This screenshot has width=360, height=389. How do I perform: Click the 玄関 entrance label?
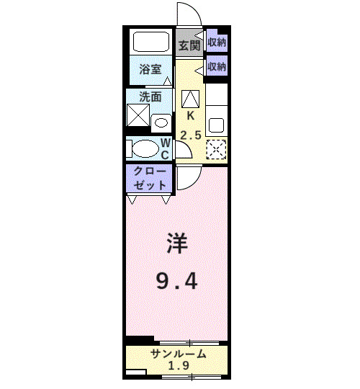(189, 45)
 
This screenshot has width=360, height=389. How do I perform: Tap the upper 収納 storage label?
(217, 42)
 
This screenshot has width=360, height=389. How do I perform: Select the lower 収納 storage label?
(217, 66)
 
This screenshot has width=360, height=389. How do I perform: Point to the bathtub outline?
(151, 41)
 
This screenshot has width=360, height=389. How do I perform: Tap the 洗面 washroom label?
(150, 97)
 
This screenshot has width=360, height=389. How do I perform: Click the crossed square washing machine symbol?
(138, 116)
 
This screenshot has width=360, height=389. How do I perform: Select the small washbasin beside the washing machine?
(161, 120)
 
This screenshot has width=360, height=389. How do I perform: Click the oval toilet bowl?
(144, 148)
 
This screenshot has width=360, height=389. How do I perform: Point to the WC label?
(165, 148)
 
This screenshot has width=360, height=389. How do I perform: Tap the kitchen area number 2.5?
(191, 135)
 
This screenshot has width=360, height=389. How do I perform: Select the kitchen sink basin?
(216, 123)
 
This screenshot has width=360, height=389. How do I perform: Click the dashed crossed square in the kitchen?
(216, 148)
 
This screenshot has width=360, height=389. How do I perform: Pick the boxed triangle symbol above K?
(191, 98)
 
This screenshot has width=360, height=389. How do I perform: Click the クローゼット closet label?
(150, 178)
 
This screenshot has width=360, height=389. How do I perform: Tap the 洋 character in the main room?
(179, 243)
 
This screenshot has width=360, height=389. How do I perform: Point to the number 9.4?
(179, 280)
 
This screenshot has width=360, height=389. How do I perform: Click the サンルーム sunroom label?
(179, 354)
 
